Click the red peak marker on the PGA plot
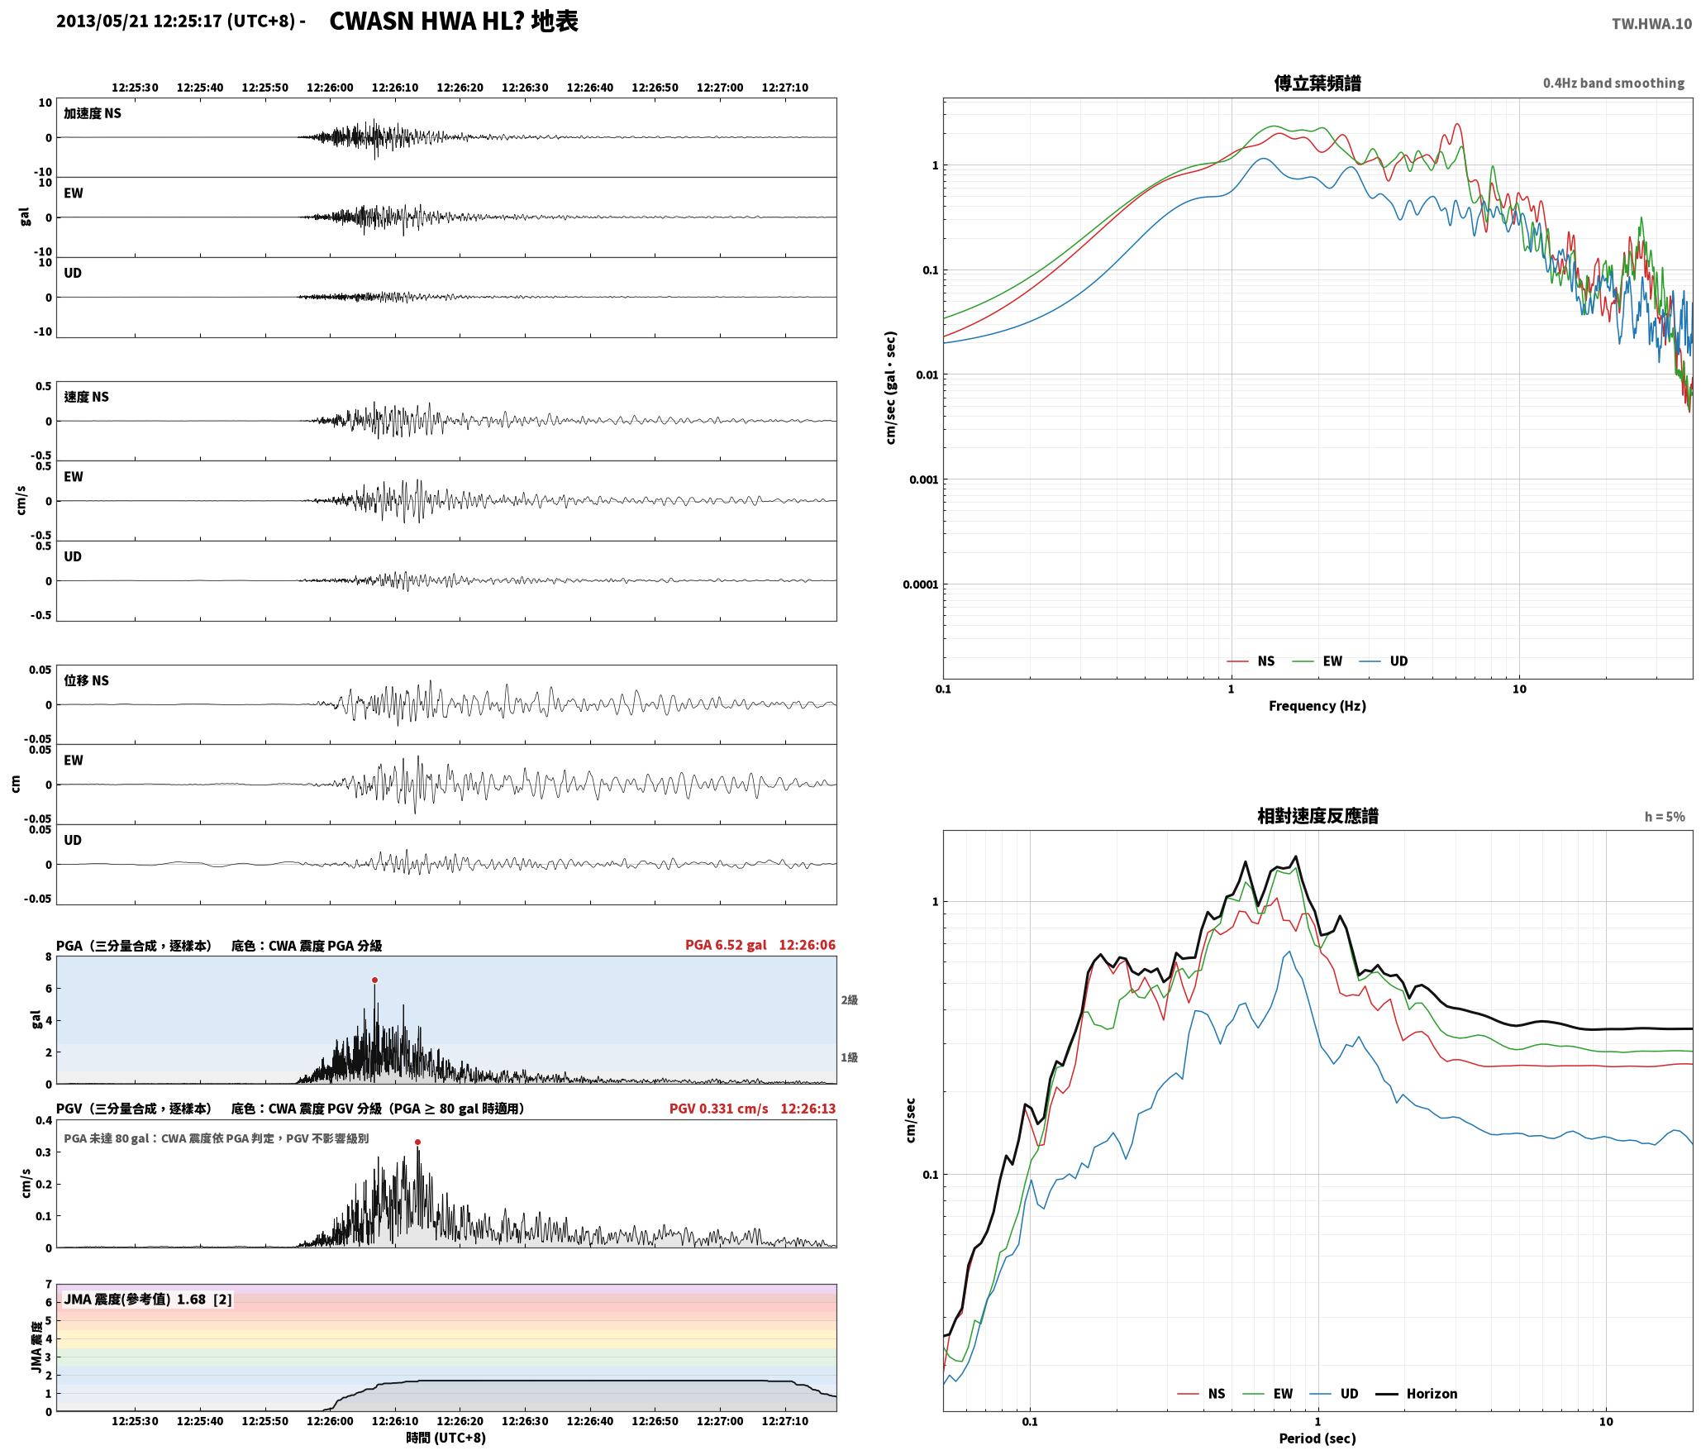[x=374, y=980]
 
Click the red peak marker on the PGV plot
[x=417, y=1142]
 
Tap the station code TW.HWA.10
[x=1651, y=24]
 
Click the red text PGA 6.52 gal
[x=726, y=945]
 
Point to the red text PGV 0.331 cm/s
[x=718, y=1109]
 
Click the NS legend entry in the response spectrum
[x=1201, y=1394]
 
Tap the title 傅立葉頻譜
[x=1317, y=83]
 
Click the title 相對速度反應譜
[x=1317, y=816]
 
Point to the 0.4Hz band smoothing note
[x=1613, y=83]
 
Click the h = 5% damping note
[x=1665, y=817]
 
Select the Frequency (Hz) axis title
[x=1317, y=706]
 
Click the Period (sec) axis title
[x=1317, y=1438]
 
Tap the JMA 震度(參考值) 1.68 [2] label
[x=148, y=1299]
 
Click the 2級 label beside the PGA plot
[x=850, y=999]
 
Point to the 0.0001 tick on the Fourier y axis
[x=920, y=584]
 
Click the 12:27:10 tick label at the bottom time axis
[x=785, y=1421]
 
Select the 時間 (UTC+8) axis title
[x=446, y=1438]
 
